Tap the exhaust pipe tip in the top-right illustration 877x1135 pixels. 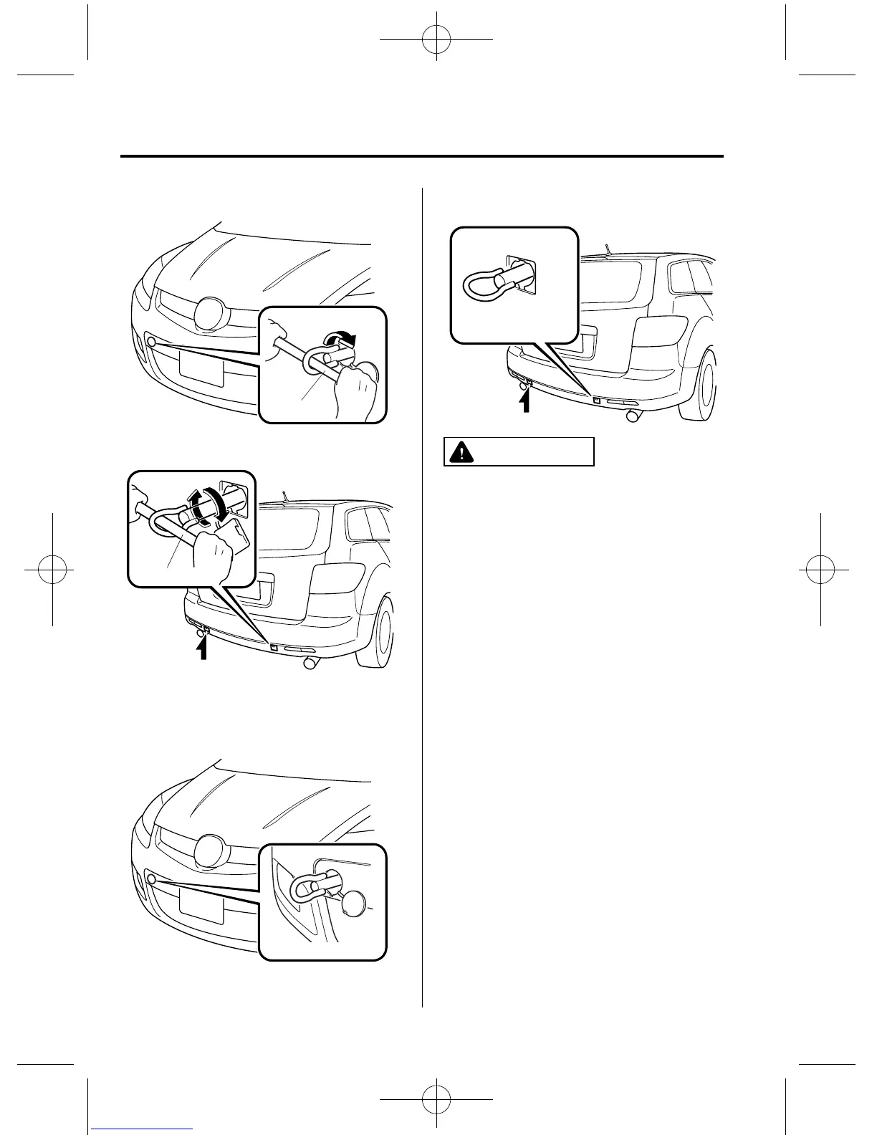[633, 415]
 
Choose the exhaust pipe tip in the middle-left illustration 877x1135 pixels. [310, 664]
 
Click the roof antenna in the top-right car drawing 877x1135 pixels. [608, 249]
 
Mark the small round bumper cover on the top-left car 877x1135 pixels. [151, 342]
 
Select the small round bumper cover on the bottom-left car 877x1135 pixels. [151, 879]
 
